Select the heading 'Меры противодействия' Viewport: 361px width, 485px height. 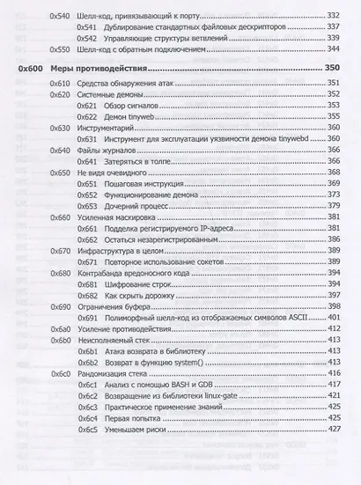coord(102,69)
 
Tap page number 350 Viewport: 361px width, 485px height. coord(332,69)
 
